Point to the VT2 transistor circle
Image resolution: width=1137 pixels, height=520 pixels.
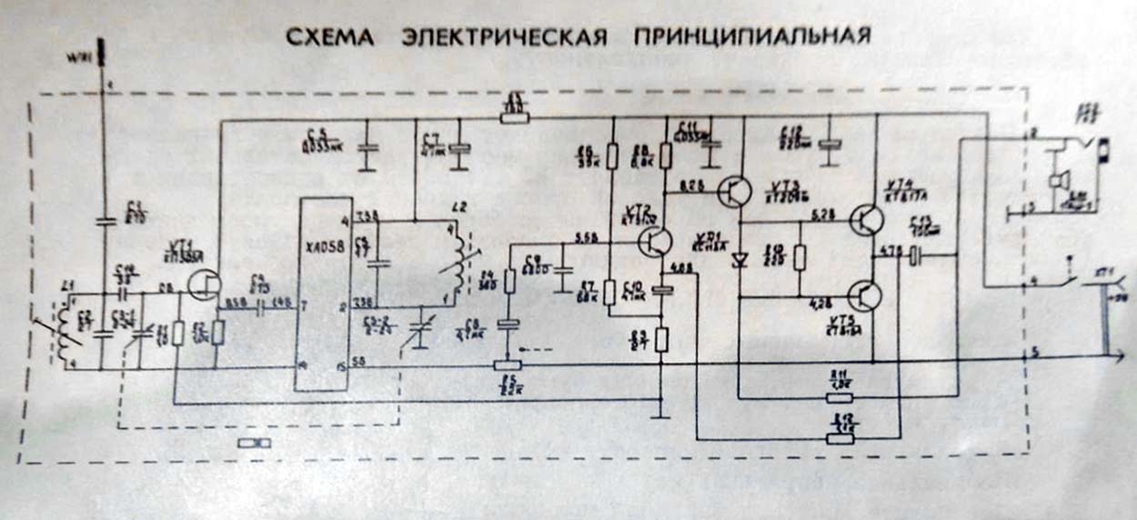pos(655,241)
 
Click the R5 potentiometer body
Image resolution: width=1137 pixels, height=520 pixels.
pos(508,365)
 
